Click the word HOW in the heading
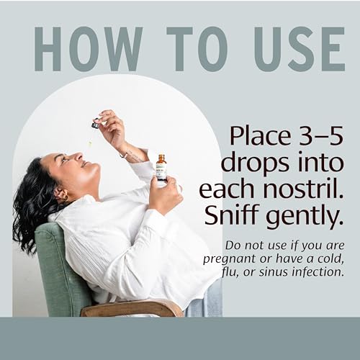[x=89, y=49]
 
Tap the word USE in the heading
[x=300, y=49]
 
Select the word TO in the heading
[x=197, y=49]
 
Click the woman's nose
[x=78, y=157]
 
